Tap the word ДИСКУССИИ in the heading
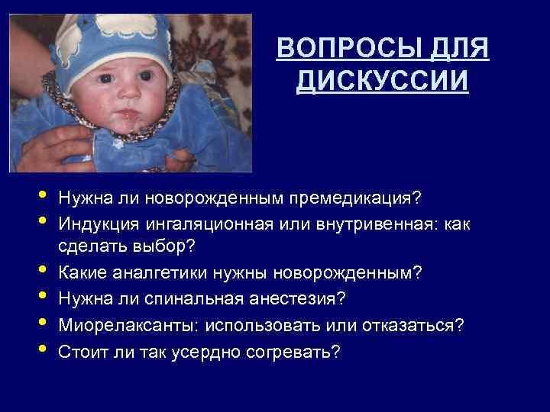(381, 80)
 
